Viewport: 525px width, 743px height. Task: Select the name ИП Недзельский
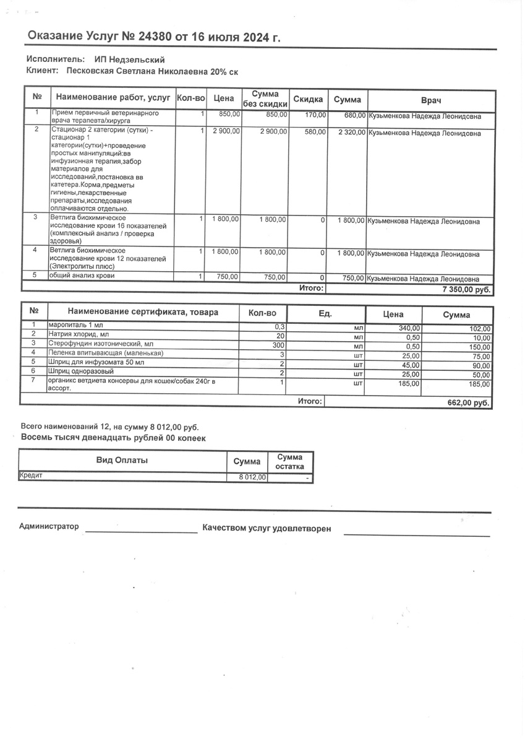click(x=129, y=59)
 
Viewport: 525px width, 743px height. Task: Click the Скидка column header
click(x=308, y=100)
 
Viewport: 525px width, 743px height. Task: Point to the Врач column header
click(x=431, y=100)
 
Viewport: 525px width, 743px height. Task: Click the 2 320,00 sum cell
click(x=351, y=133)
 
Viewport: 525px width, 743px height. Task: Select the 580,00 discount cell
click(x=315, y=132)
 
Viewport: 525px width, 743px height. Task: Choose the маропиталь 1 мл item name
click(x=72, y=325)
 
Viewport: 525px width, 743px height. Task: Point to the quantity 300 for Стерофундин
click(x=278, y=344)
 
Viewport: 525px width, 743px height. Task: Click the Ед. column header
click(x=325, y=313)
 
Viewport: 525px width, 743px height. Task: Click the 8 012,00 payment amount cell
click(x=253, y=477)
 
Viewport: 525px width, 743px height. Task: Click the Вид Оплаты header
click(x=122, y=460)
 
